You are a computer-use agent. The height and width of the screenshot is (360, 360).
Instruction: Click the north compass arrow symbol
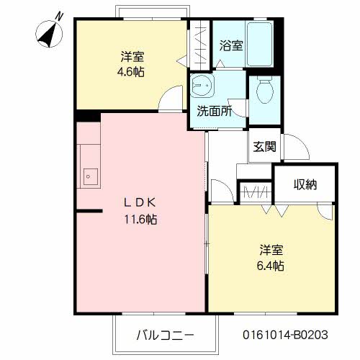tap(49, 34)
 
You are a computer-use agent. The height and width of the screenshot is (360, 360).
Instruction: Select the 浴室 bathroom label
tap(230, 45)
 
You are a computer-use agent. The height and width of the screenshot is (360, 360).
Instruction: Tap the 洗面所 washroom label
tap(215, 111)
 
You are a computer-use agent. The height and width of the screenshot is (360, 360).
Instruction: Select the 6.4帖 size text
tap(271, 266)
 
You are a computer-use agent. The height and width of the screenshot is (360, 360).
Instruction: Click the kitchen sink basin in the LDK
tap(91, 174)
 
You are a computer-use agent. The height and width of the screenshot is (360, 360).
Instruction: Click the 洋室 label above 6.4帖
tap(271, 251)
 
